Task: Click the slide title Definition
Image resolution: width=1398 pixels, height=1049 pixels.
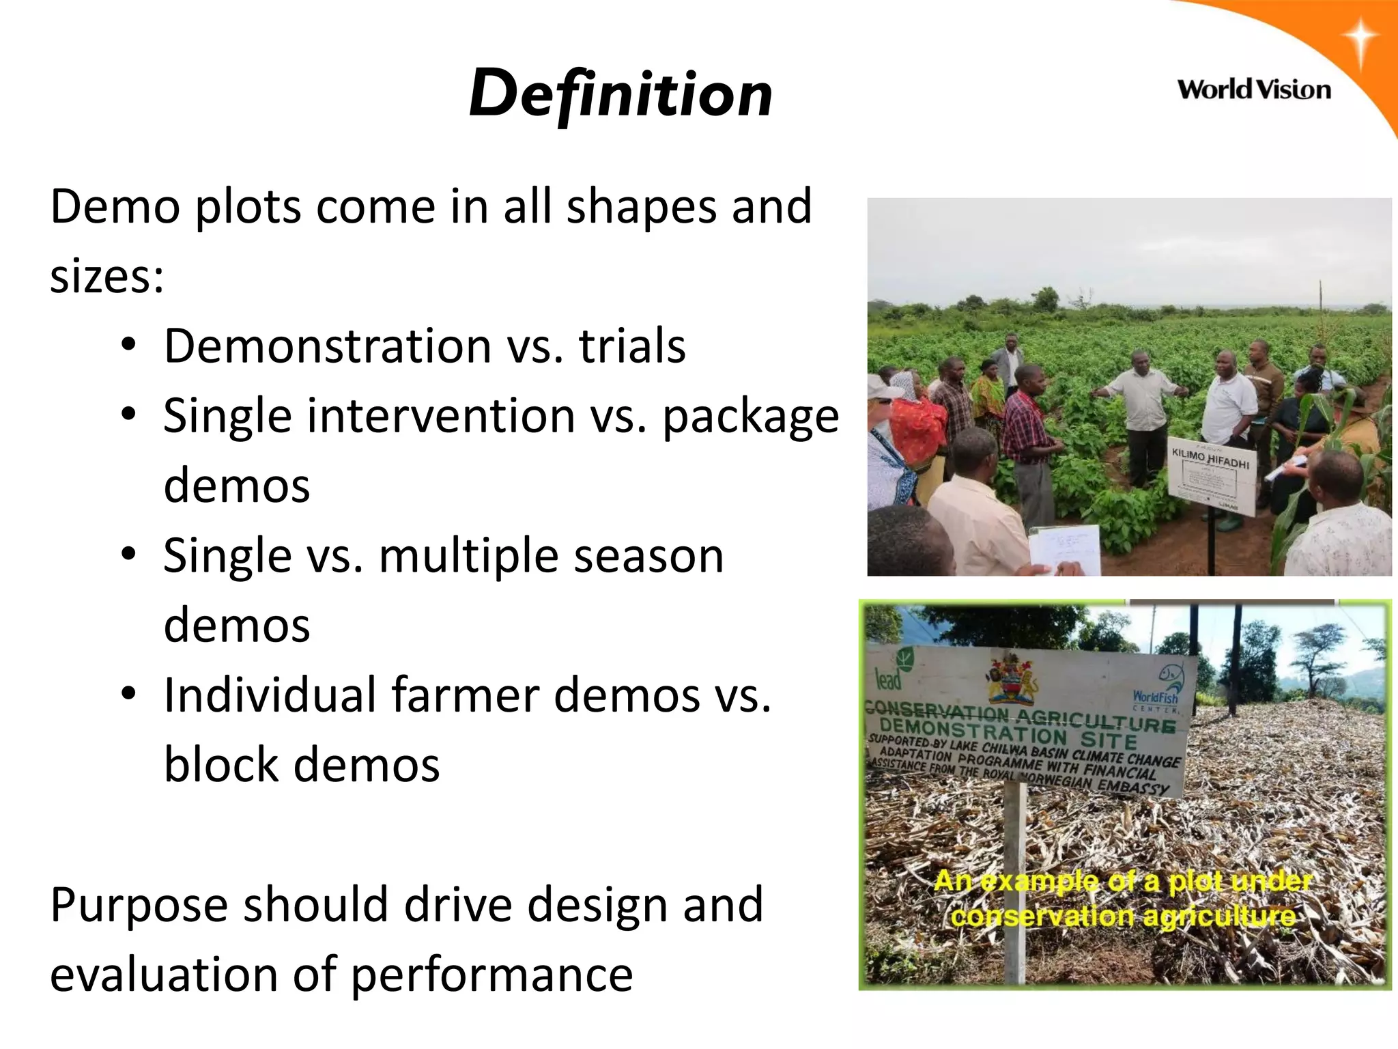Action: pyautogui.click(x=620, y=94)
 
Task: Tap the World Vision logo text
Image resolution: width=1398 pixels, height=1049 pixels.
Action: pyautogui.click(x=1254, y=90)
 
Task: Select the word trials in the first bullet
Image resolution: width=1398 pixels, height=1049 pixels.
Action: pyautogui.click(x=632, y=346)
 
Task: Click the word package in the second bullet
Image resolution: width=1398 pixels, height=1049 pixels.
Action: pyautogui.click(x=751, y=417)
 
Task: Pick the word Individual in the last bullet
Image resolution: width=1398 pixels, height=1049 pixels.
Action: pyautogui.click(x=270, y=695)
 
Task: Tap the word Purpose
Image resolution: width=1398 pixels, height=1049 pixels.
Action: pyautogui.click(x=139, y=906)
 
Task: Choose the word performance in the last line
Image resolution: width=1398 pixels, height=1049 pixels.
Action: pyautogui.click(x=492, y=975)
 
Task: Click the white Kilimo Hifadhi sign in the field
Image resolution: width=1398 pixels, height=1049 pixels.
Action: pyautogui.click(x=1212, y=478)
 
